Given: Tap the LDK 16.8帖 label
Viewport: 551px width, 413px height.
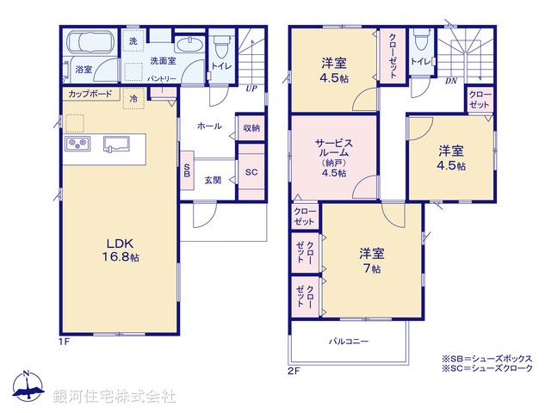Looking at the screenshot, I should [x=118, y=248].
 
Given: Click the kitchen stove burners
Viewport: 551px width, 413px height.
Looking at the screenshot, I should [x=75, y=143].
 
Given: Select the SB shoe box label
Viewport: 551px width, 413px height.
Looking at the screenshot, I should [x=187, y=170].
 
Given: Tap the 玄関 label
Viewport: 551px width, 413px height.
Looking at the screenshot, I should [x=214, y=180].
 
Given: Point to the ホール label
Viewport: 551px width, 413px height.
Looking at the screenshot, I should [x=209, y=126].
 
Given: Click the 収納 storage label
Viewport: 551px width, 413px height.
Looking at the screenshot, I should [x=251, y=127].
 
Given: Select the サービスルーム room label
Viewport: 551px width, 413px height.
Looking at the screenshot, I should [x=334, y=156].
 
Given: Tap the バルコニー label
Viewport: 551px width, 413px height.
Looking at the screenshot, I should [x=348, y=342].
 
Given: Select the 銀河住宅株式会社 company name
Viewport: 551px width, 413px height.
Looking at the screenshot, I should [x=114, y=397].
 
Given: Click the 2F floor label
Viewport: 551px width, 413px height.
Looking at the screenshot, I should [x=294, y=372].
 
